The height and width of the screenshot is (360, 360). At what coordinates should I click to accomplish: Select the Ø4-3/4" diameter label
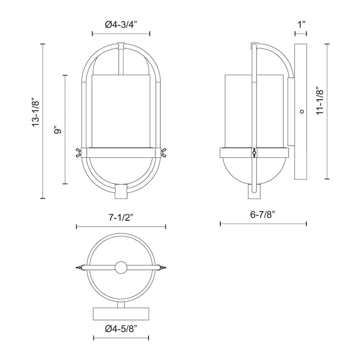pyautogui.click(x=121, y=24)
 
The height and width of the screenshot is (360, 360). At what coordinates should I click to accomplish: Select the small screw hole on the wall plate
pyautogui.click(x=301, y=111)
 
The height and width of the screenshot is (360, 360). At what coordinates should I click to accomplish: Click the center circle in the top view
pyautogui.click(x=121, y=268)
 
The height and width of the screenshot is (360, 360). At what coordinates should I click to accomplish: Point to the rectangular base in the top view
pyautogui.click(x=121, y=314)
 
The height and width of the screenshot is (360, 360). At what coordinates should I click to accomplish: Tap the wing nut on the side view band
pyautogui.click(x=254, y=153)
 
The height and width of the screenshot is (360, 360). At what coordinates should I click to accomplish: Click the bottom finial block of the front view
pyautogui.click(x=121, y=191)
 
